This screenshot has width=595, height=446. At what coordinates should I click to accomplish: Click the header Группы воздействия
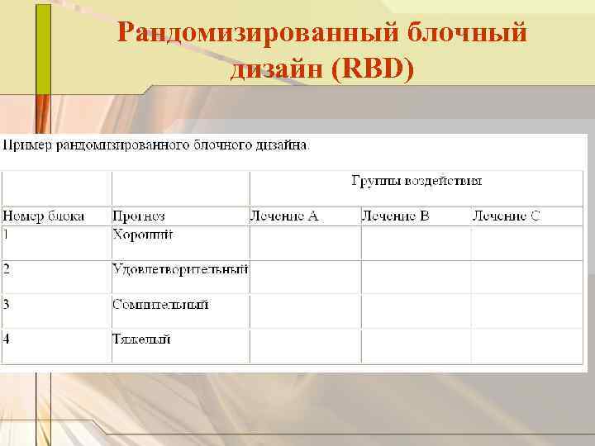tap(416, 180)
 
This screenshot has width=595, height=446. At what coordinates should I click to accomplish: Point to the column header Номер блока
tap(44, 216)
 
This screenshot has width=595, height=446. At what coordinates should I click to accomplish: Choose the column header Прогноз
tap(139, 216)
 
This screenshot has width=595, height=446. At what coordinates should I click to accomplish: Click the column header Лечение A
tap(284, 216)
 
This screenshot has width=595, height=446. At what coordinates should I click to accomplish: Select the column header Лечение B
tap(395, 216)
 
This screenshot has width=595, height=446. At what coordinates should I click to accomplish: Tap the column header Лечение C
tap(506, 216)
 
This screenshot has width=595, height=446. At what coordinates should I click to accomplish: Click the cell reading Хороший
tap(143, 235)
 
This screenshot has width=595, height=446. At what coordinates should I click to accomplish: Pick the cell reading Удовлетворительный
tap(180, 269)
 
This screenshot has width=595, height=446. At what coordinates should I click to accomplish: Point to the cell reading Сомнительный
tap(160, 304)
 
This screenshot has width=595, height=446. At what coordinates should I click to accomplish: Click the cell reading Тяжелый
tap(141, 339)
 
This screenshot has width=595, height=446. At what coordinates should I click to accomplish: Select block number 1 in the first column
tap(7, 235)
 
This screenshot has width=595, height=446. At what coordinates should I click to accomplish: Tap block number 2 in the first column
tap(7, 269)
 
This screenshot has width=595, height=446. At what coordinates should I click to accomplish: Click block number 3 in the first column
tap(7, 304)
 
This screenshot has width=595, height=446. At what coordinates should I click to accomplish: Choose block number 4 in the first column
tap(7, 339)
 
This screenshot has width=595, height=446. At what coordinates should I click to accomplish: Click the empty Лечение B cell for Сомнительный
tap(416, 311)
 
